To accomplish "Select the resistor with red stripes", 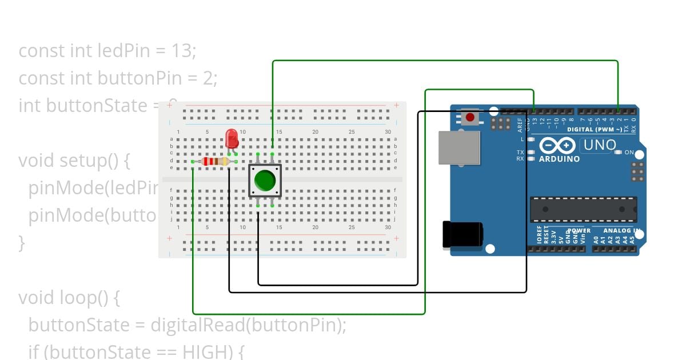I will coord(215,162).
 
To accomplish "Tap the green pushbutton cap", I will coord(265,181).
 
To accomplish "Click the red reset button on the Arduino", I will coord(470,118).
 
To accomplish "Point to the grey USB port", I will coord(459,148).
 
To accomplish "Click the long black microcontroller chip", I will coord(583,209).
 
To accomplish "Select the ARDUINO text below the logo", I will coord(559,159).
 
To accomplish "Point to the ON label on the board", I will coord(629,153).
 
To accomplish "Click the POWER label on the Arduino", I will coord(579,231).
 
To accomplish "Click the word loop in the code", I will coord(76,298).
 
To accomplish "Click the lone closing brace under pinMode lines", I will coord(22,243).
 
